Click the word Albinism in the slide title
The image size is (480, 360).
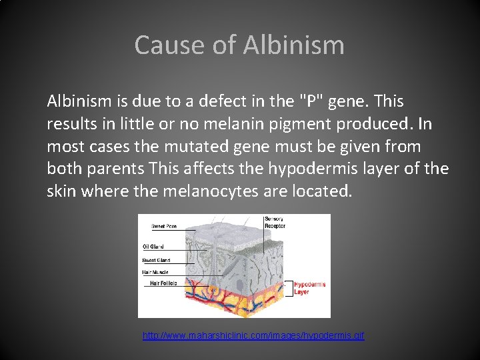pyautogui.click(x=293, y=45)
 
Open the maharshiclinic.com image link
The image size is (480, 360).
pyautogui.click(x=253, y=335)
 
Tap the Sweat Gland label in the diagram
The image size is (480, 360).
pyautogui.click(x=156, y=260)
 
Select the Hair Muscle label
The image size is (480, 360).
pyautogui.click(x=155, y=272)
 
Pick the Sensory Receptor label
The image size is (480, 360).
pyautogui.click(x=275, y=223)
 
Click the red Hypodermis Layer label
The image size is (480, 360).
pyautogui.click(x=309, y=288)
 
